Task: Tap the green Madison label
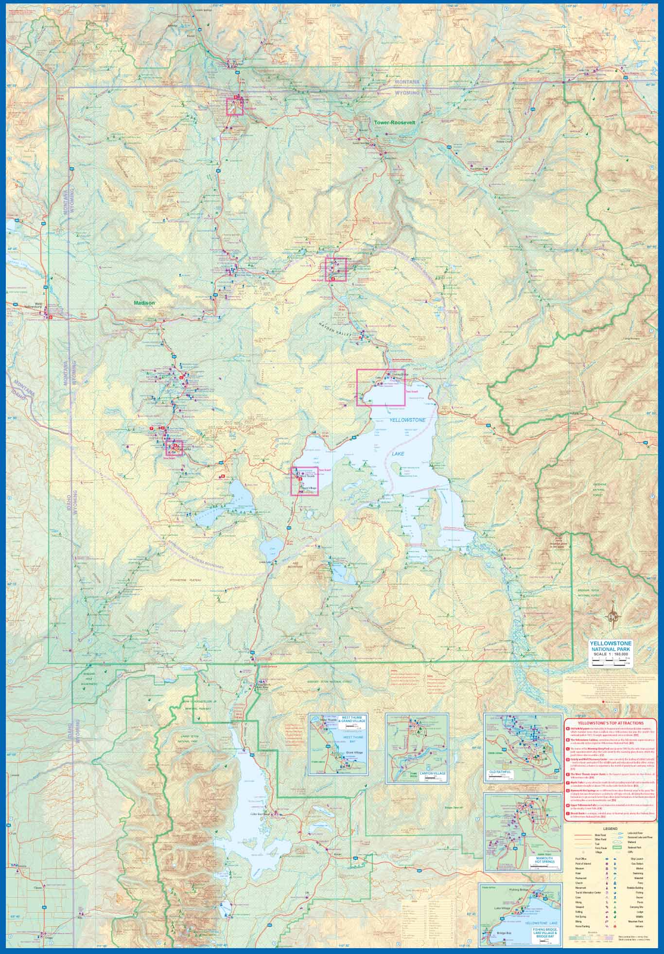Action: tap(144, 303)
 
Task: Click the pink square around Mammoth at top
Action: tap(235, 107)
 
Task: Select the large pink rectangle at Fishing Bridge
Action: tap(381, 387)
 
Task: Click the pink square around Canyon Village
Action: tap(335, 269)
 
